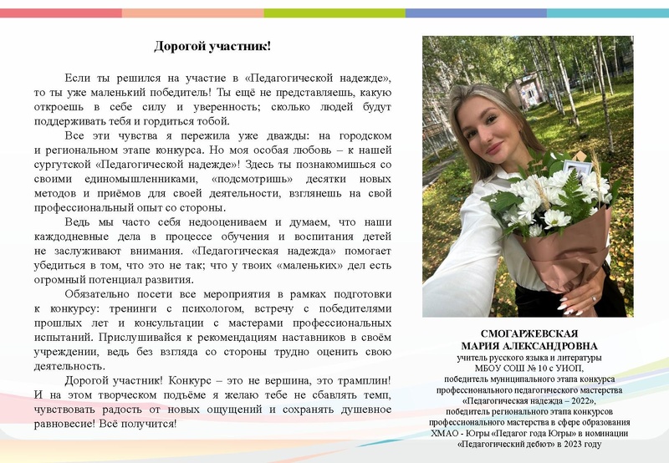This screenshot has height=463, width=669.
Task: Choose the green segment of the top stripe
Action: [334, 13]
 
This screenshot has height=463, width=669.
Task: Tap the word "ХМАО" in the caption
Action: [445, 434]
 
